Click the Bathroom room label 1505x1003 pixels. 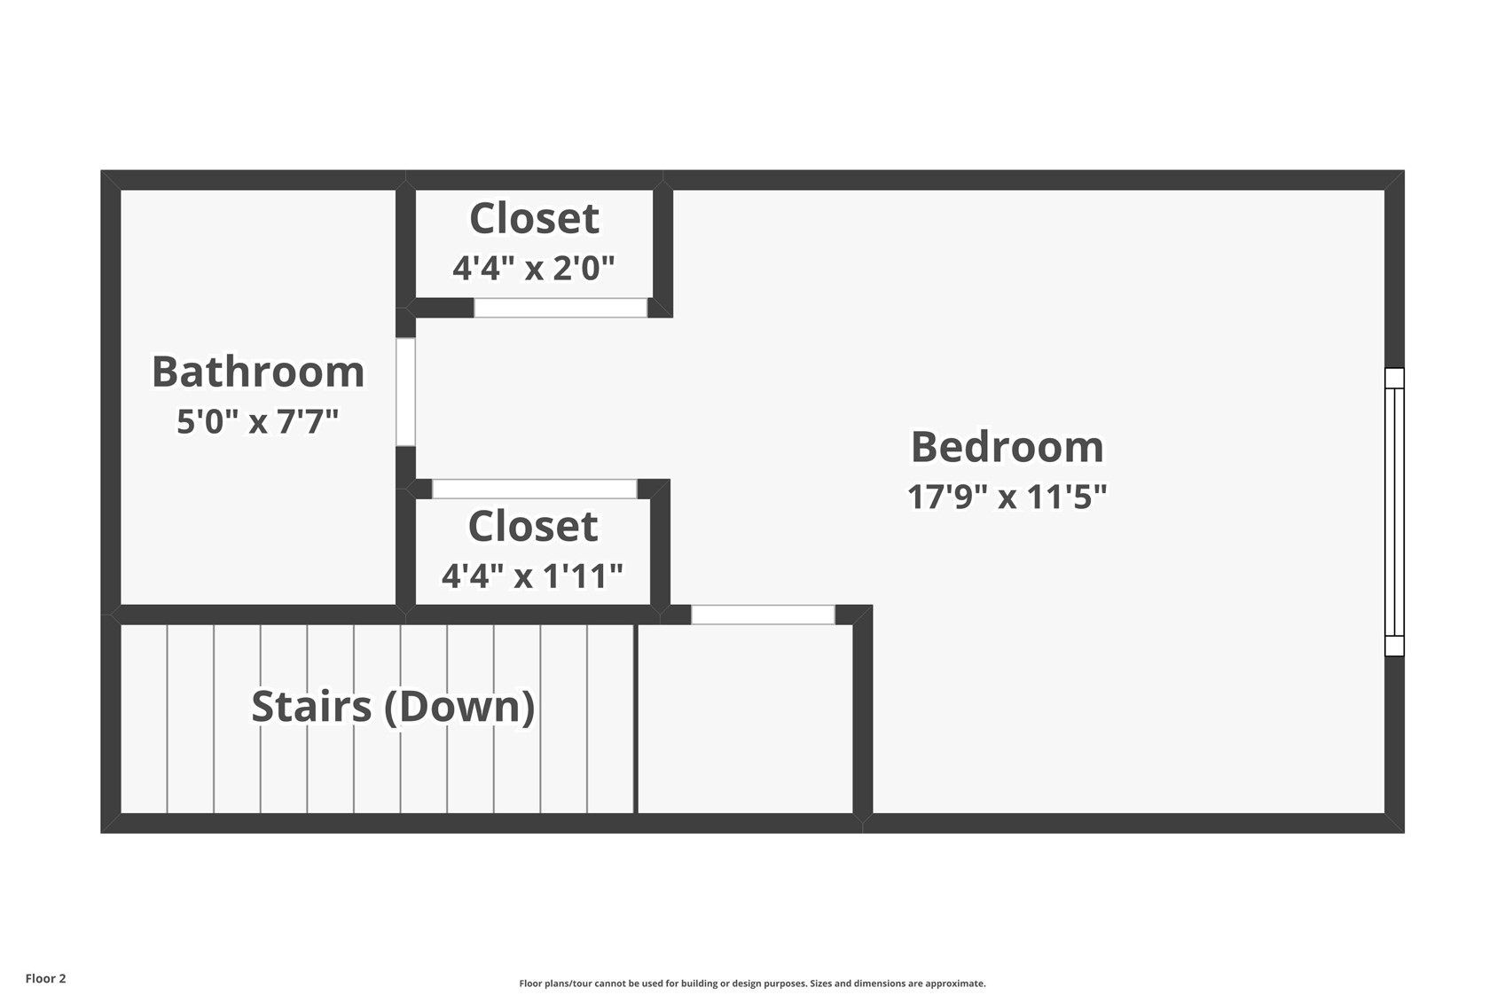258,372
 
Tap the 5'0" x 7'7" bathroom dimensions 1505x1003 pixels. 257,421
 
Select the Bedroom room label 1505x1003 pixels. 1007,446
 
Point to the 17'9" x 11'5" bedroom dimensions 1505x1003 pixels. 1007,496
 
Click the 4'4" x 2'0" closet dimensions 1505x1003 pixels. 533,267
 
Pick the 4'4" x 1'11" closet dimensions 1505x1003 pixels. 532,576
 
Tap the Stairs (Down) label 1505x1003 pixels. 393,706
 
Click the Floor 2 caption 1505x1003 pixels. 45,978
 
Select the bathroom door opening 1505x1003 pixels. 405,391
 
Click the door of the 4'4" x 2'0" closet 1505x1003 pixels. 560,308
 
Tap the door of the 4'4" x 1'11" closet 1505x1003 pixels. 534,489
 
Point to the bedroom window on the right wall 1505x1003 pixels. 1394,512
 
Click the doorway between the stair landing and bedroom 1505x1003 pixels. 763,615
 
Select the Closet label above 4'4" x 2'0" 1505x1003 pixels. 534,218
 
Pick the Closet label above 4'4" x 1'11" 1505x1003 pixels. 532,526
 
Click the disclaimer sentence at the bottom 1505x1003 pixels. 752,983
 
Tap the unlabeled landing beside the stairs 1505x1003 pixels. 745,718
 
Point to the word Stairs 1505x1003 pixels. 311,706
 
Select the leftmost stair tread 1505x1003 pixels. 144,718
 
